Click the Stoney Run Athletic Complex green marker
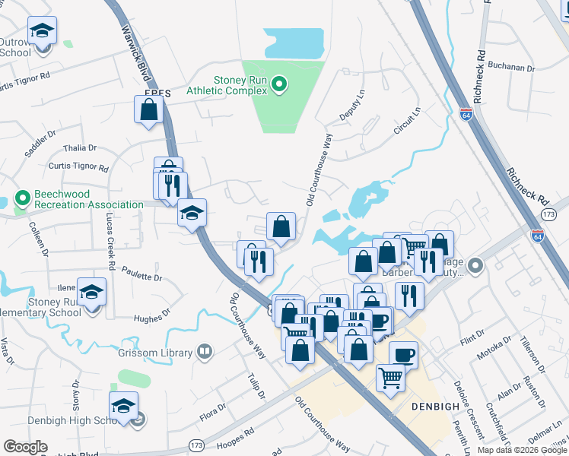coord(278,84)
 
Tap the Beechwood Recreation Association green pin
coord(21,199)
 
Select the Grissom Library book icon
coord(204,352)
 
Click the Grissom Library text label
coord(161,353)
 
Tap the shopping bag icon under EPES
coord(149,110)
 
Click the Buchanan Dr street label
coord(512,67)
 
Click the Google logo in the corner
coord(25,447)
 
